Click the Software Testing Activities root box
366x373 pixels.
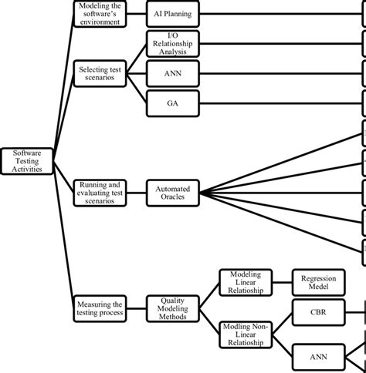coord(28,162)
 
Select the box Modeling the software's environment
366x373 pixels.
coord(99,14)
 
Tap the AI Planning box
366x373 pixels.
coord(173,14)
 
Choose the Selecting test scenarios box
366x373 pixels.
coord(99,74)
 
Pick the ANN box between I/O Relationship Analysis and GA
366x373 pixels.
coord(173,73)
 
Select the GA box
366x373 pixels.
coord(173,102)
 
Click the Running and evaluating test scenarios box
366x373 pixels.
coord(99,191)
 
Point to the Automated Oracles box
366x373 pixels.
coord(173,191)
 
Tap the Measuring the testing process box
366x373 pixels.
coord(99,307)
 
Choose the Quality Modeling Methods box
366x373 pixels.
coord(173,307)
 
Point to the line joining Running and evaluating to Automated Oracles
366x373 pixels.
coord(136,191)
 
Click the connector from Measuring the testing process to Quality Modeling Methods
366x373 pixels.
coord(136,307)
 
